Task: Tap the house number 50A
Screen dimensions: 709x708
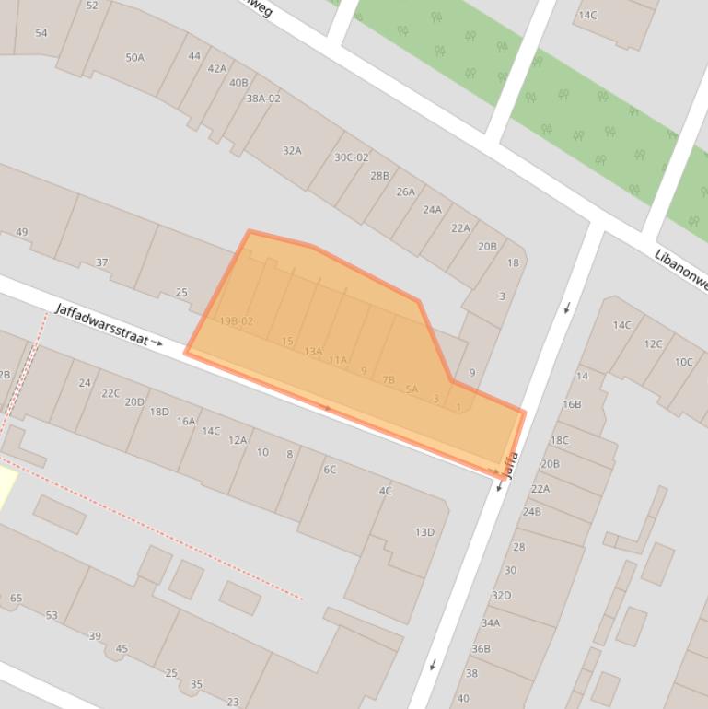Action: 135,57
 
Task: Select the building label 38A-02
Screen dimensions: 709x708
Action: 262,98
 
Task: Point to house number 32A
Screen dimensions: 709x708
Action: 292,150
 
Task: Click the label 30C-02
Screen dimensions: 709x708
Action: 351,157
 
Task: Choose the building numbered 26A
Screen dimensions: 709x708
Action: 405,192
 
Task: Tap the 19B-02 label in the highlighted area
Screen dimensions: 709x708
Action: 236,321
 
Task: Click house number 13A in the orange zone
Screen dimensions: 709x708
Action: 314,351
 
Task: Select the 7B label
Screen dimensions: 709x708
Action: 388,379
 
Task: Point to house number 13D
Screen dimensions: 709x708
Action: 424,531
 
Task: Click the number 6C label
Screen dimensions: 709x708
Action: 330,469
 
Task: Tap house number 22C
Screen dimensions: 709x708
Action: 110,393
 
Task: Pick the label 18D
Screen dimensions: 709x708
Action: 159,412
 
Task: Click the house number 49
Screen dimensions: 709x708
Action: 22,233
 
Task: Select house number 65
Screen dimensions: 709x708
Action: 16,599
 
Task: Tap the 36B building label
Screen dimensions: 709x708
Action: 481,648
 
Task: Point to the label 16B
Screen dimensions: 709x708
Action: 572,403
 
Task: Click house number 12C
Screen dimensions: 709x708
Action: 653,343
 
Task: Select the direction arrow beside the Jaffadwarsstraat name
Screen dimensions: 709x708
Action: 158,343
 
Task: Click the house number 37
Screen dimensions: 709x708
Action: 101,262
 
